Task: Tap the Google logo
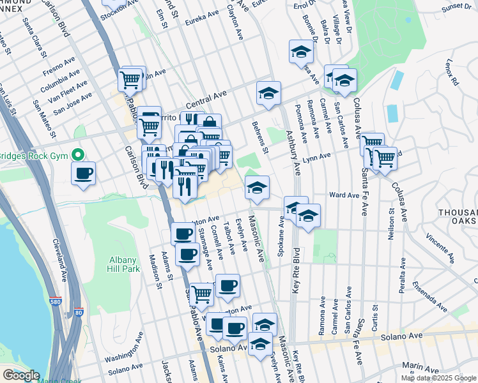(x=20, y=375)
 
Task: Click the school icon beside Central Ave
(x=269, y=93)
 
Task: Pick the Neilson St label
(x=391, y=220)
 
